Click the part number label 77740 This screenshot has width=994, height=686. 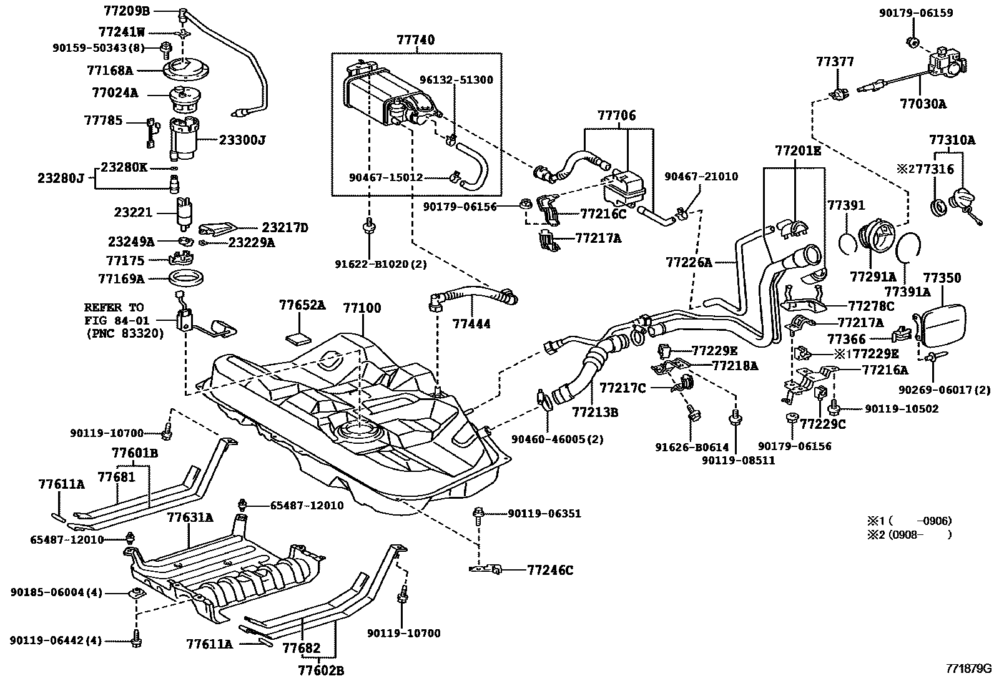(415, 41)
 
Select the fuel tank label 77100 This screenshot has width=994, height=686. (362, 308)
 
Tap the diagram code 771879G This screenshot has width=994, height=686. (967, 668)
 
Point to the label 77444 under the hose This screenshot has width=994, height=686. (471, 324)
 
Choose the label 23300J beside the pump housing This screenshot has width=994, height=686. (242, 140)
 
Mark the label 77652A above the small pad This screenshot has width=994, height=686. (302, 305)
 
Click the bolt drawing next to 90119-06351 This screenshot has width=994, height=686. (479, 514)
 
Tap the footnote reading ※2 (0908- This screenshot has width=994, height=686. (908, 534)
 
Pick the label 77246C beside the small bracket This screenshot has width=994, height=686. (550, 570)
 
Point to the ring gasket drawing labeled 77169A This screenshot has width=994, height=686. (188, 277)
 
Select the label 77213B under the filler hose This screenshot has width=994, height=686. (595, 412)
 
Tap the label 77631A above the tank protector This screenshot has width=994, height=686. (190, 517)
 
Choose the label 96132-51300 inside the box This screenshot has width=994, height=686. (456, 80)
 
